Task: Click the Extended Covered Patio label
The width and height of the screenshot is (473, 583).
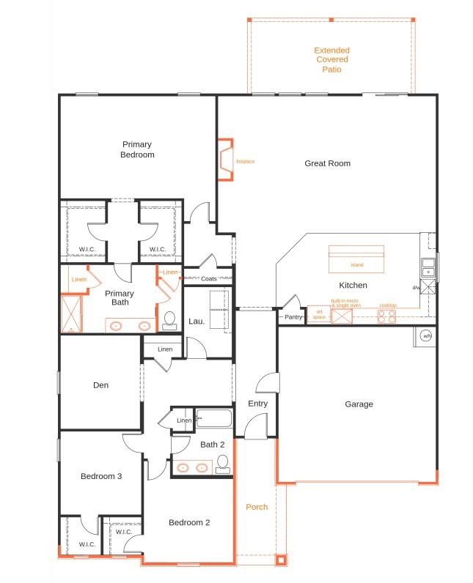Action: tap(331, 60)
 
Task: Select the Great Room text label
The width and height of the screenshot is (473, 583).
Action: tap(327, 163)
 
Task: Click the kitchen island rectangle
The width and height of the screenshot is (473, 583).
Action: tap(356, 259)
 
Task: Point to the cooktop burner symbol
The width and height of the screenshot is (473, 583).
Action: tap(386, 316)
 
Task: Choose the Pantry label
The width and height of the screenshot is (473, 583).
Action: tap(293, 317)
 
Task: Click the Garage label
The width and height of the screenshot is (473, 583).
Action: tap(359, 404)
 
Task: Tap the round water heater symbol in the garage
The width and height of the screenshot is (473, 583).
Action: tap(426, 336)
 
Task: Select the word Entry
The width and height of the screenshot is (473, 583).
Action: tap(257, 404)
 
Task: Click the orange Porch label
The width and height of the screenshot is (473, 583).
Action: tap(256, 507)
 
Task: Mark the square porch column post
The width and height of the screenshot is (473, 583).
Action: tap(280, 560)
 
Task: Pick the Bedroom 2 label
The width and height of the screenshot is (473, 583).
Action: tap(189, 522)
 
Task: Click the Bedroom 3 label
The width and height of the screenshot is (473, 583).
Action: tap(100, 476)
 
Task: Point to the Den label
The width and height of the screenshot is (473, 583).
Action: tap(101, 385)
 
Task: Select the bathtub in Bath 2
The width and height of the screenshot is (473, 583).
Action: tap(213, 420)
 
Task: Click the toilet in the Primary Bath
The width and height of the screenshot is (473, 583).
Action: tap(169, 320)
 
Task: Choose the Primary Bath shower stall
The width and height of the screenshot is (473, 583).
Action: tap(71, 313)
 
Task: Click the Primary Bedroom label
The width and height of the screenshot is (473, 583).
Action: tap(137, 149)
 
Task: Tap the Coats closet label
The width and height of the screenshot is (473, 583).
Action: tap(209, 278)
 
